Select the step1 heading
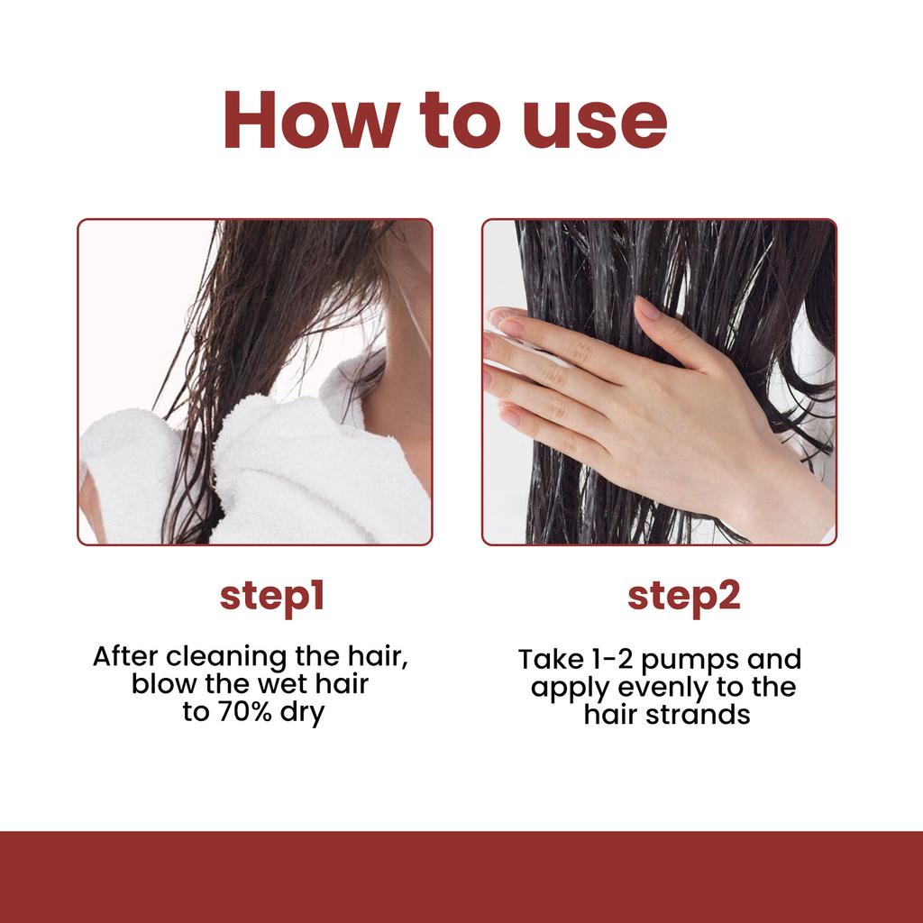[x=271, y=597]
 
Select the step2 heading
[x=683, y=597]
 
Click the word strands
[x=703, y=715]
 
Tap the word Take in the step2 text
[x=544, y=659]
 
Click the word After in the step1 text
[x=125, y=655]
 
